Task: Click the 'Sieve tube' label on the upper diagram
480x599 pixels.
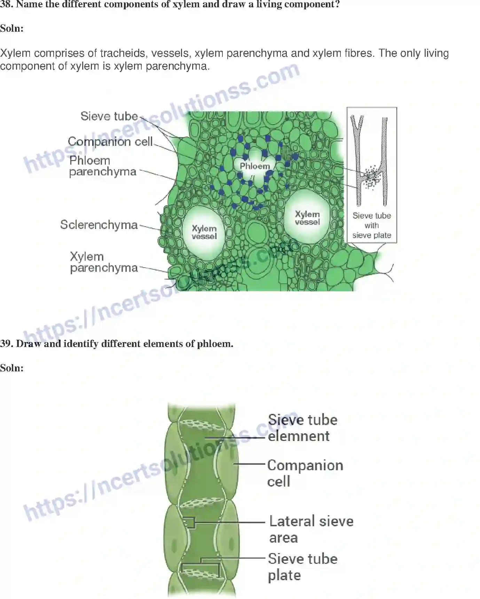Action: [109, 116]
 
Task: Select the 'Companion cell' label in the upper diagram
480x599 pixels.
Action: [110, 142]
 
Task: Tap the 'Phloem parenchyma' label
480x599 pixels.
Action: [103, 166]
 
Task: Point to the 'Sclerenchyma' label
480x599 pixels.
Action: [99, 225]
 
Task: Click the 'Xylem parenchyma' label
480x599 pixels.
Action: [104, 262]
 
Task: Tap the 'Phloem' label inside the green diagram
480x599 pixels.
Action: [255, 166]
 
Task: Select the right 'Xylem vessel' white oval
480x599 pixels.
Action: [307, 217]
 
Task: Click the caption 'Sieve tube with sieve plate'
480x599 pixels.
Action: [372, 226]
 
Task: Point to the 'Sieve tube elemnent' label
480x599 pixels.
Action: [302, 428]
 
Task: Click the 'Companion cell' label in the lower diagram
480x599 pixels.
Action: [305, 473]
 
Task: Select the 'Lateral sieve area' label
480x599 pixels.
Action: [311, 529]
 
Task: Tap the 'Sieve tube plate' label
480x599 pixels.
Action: [302, 567]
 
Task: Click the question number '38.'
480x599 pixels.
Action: [7, 5]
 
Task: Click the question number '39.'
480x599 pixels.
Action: [7, 344]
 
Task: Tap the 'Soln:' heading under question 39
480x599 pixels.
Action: [12, 368]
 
